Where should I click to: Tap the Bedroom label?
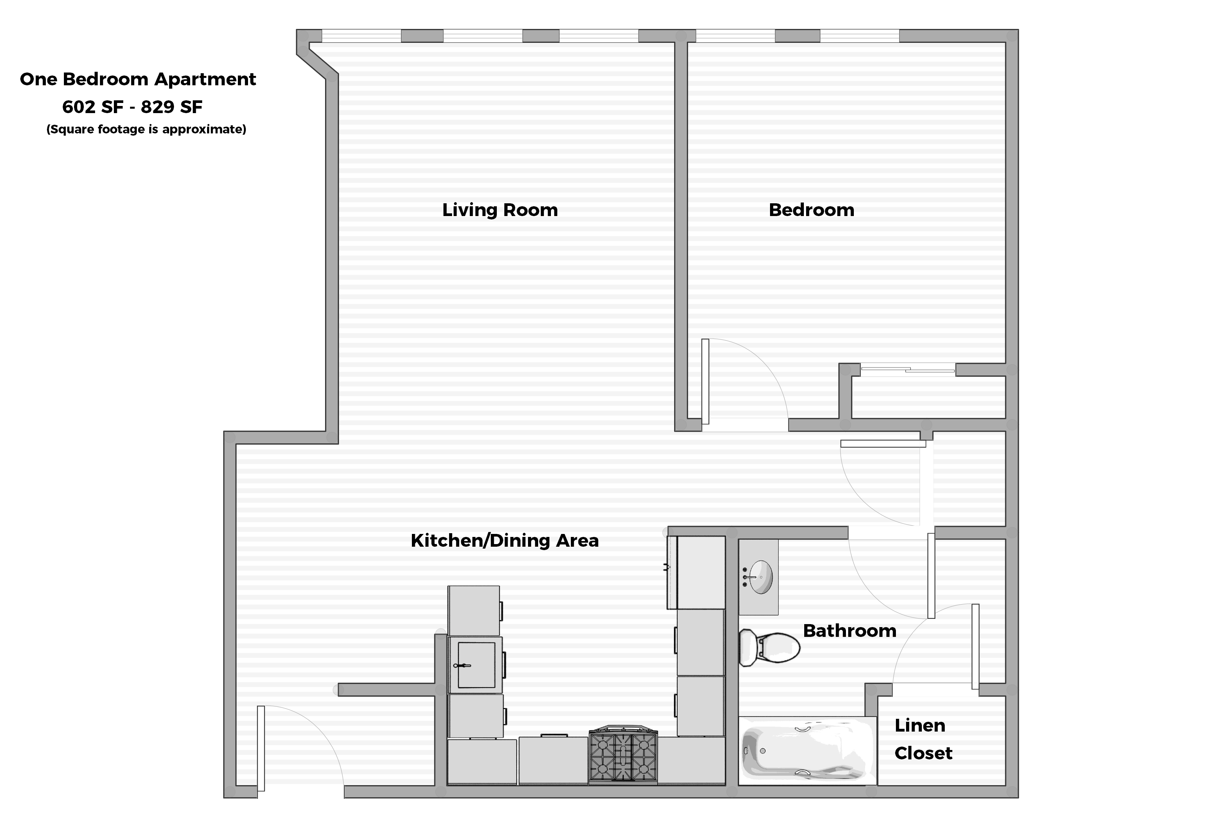tap(811, 210)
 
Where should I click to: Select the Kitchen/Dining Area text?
tap(504, 540)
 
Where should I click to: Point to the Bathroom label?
tap(849, 630)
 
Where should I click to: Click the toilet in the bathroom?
tap(769, 648)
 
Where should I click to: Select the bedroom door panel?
tap(705, 381)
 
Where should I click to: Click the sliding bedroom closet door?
tap(908, 370)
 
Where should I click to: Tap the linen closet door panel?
tap(975, 646)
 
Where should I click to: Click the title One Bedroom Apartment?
tap(138, 79)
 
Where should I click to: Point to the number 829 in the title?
tap(157, 107)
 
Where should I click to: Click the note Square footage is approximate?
tap(146, 129)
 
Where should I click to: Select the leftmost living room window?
tap(362, 36)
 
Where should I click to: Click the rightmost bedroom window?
tap(859, 36)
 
